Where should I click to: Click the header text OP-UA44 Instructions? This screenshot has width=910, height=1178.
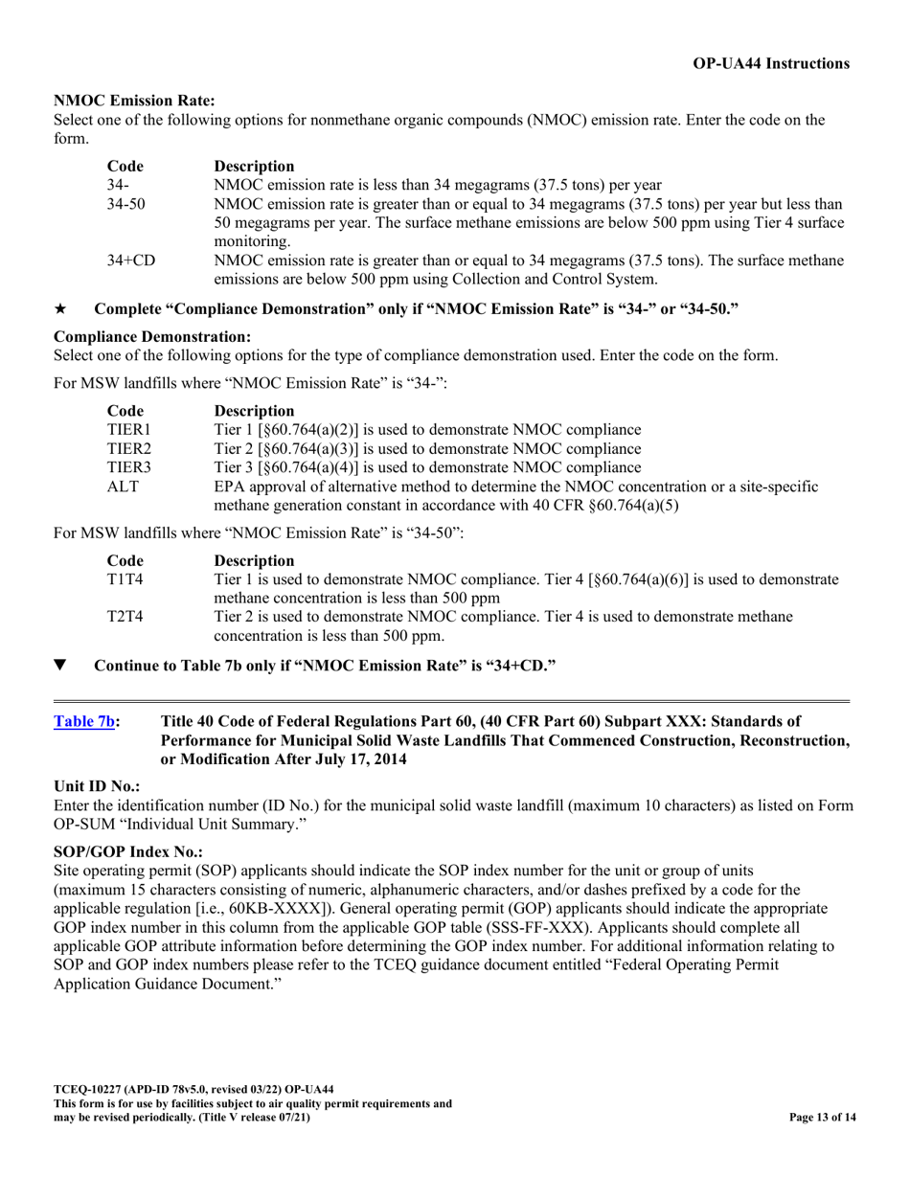click(771, 64)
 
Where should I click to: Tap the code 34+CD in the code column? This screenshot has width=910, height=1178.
click(131, 261)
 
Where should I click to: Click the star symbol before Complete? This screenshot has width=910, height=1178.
click(60, 308)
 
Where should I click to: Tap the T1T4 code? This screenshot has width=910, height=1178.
click(125, 578)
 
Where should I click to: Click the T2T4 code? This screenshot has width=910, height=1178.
click(125, 616)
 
